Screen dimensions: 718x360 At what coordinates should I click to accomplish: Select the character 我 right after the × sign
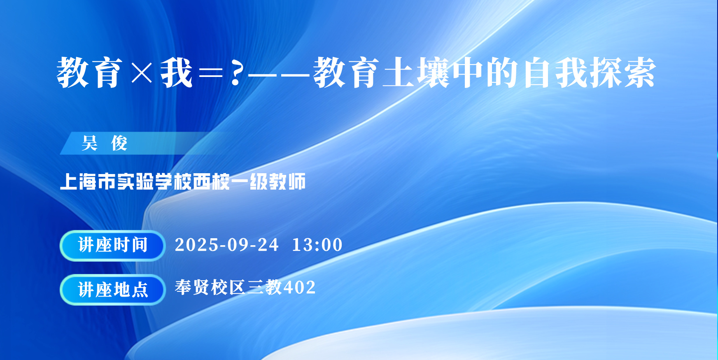(x=177, y=73)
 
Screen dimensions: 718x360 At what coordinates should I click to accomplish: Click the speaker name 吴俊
(x=105, y=143)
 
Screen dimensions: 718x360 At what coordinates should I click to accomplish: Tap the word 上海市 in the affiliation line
(x=88, y=181)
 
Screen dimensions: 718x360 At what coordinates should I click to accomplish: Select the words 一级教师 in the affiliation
(x=268, y=181)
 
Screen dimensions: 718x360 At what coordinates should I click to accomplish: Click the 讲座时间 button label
(x=113, y=245)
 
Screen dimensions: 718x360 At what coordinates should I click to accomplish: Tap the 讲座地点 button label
(x=113, y=290)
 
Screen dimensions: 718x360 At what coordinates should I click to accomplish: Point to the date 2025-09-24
(x=227, y=245)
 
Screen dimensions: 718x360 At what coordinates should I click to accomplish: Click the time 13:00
(x=317, y=245)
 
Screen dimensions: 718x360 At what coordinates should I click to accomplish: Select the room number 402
(x=300, y=287)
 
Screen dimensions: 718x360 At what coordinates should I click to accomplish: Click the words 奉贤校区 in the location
(x=210, y=287)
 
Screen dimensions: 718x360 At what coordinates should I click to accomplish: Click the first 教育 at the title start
(x=90, y=73)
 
